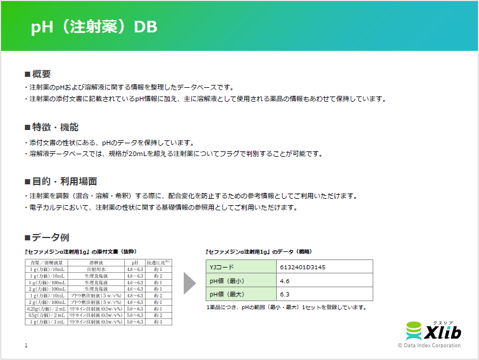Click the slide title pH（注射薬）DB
(x=94, y=28)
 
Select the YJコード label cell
(x=240, y=267)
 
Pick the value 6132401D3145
(x=302, y=267)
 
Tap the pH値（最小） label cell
(x=240, y=281)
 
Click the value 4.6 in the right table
(x=284, y=281)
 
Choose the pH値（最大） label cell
(x=240, y=295)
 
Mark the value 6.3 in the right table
(x=284, y=295)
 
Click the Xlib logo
(x=433, y=331)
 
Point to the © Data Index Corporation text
(x=429, y=346)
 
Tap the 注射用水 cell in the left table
(x=95, y=269)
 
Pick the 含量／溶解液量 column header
(x=47, y=263)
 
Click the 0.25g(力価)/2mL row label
(x=47, y=309)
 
